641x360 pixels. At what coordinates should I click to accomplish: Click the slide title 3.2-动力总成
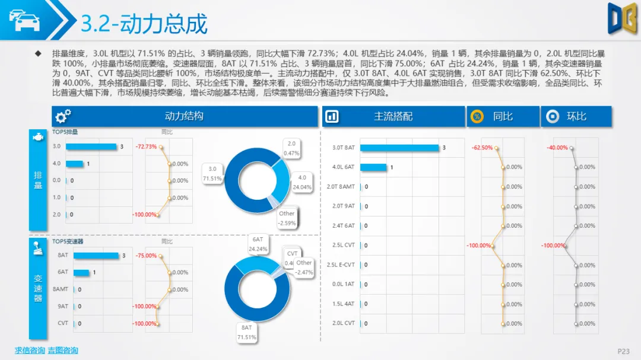click(144, 24)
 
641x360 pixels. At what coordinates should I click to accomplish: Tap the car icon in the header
click(24, 20)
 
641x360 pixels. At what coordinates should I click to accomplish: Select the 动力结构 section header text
click(184, 116)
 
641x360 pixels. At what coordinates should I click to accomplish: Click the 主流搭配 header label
click(393, 116)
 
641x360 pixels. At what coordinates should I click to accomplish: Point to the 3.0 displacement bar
click(91, 146)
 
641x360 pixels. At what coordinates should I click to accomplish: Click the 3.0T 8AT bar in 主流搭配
click(399, 148)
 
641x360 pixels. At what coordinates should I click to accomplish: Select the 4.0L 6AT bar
click(373, 167)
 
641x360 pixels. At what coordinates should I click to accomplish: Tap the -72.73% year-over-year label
click(146, 146)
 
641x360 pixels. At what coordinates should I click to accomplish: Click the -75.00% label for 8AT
click(147, 256)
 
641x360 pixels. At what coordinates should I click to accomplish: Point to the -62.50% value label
click(482, 148)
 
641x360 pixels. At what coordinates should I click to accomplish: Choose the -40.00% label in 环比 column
click(557, 148)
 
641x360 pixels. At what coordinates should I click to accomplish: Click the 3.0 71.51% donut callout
click(212, 173)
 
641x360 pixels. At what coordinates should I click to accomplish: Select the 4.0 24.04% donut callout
click(302, 181)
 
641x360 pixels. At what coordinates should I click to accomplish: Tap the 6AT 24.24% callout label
click(258, 244)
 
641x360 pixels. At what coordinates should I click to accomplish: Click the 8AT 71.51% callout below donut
click(246, 332)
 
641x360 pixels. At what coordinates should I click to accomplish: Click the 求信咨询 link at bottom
click(30, 351)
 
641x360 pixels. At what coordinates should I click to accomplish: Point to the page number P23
click(623, 351)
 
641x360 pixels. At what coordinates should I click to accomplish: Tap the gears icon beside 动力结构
click(64, 117)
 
